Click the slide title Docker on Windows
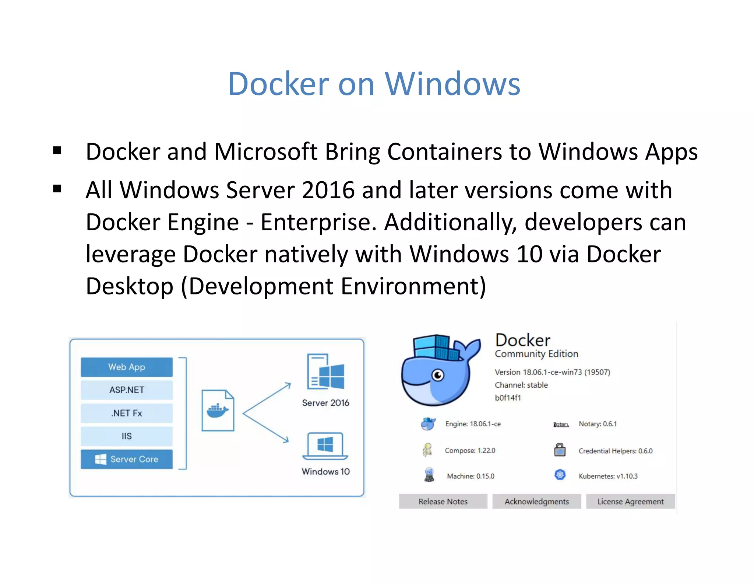374,84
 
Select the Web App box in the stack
127,367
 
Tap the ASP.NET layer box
127,390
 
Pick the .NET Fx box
127,413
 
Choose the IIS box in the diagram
127,436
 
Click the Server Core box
127,459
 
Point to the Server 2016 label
325,403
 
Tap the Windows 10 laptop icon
325,446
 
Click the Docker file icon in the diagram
218,411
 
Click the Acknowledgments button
536,502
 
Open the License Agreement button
630,502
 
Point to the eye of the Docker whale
438,376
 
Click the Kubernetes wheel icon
560,475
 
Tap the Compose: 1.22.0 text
470,450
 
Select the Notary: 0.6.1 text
598,424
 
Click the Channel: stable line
521,385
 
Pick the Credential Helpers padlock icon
560,450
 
